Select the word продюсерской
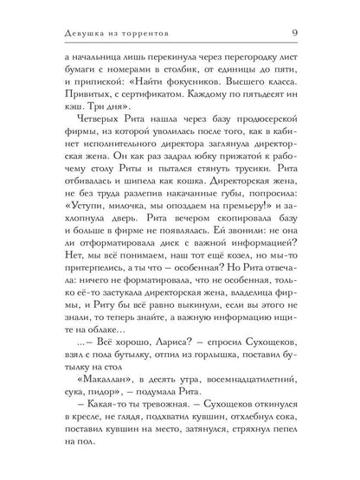(258, 147)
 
